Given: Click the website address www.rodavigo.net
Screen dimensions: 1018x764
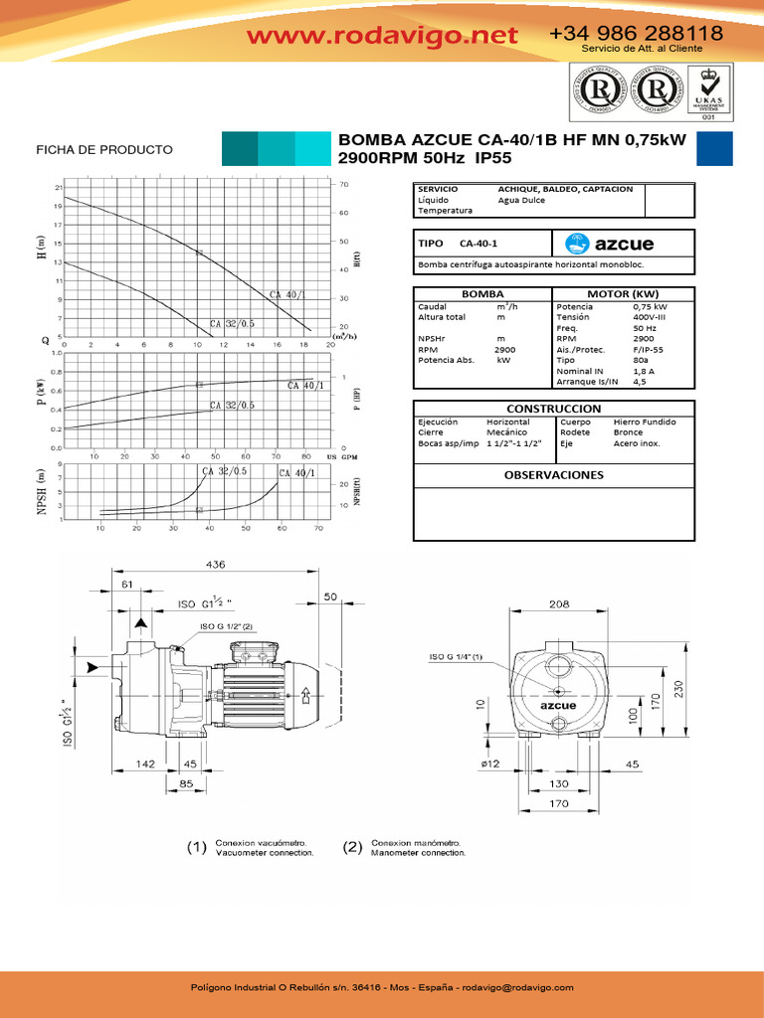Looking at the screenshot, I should coord(383,36).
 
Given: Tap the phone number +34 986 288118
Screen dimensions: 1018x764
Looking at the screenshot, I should coord(636,34).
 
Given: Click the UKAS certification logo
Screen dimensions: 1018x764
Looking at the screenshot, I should coord(708,91).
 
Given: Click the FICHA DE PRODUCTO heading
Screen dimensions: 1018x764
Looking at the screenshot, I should coord(104,150).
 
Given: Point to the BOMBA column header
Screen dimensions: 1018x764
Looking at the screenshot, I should coord(481,294).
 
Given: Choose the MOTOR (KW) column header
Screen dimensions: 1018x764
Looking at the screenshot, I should coord(623,294).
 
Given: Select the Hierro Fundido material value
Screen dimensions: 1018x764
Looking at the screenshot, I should coord(645,422).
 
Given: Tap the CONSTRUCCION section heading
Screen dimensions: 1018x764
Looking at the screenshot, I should coord(554,409).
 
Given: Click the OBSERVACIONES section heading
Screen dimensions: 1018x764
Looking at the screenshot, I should coord(554,475).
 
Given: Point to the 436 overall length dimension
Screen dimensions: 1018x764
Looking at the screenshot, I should coord(216,564).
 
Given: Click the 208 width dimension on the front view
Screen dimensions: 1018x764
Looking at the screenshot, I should coord(558,603).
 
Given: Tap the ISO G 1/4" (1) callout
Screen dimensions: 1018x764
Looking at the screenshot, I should coord(456,657).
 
